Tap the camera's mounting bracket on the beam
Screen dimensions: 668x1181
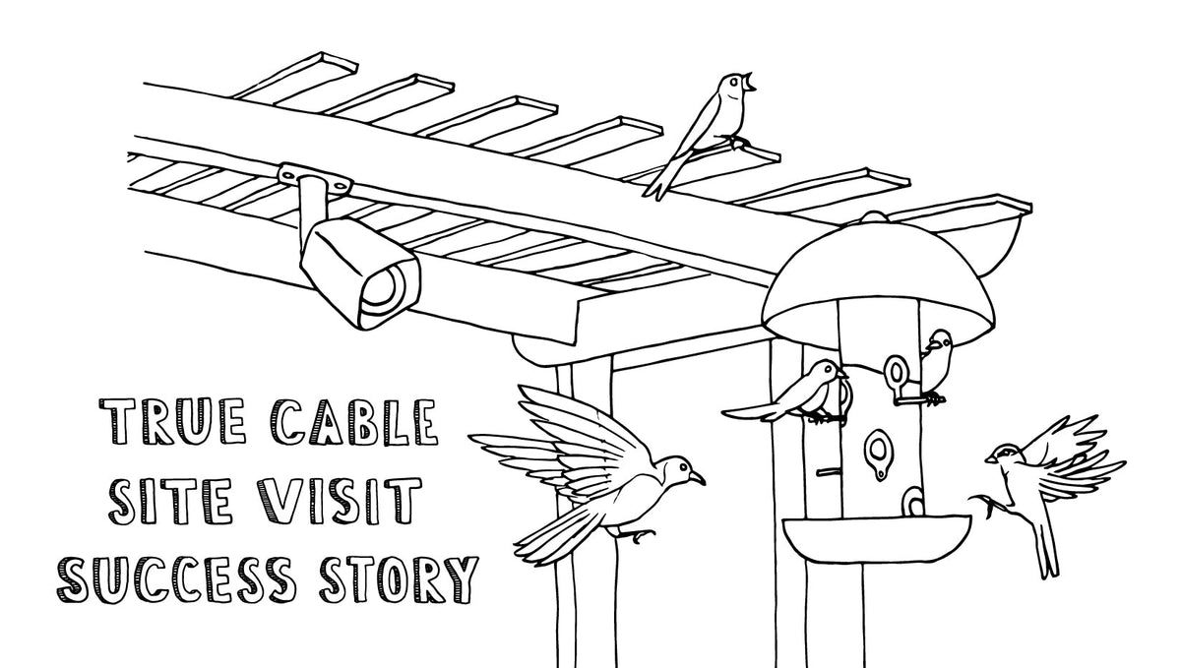click(316, 180)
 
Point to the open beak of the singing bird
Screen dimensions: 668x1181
click(754, 81)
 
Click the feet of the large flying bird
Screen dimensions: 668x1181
click(641, 536)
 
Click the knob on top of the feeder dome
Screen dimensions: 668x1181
click(871, 215)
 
